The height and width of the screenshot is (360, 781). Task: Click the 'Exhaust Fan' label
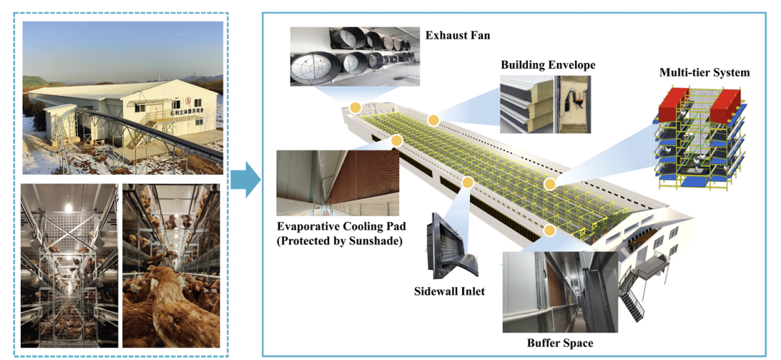[x=458, y=34]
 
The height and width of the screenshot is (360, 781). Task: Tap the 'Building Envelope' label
[x=548, y=65]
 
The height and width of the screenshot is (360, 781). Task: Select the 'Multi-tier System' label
[x=704, y=72]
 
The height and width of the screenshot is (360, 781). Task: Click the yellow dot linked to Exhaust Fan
[x=355, y=108]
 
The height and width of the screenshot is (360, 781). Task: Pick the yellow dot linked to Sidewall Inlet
[x=468, y=184]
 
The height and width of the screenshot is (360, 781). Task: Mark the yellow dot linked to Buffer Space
[x=550, y=230]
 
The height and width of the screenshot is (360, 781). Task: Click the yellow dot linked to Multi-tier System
[x=550, y=184]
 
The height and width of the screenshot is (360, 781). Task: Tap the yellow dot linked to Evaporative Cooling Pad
[x=396, y=140]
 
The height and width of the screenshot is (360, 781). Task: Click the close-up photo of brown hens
[x=171, y=267]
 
